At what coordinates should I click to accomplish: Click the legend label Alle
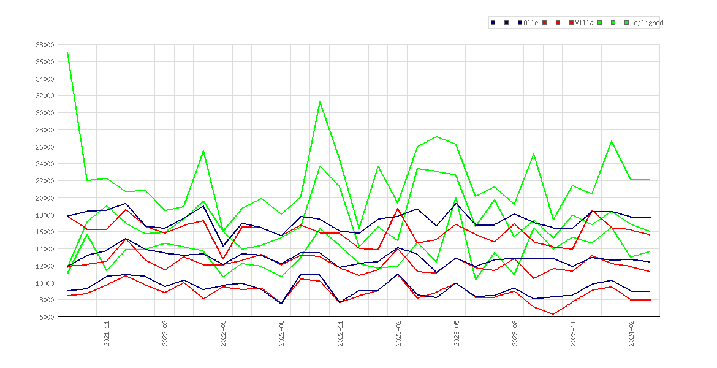(x=531, y=23)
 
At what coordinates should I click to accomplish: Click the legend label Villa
(x=585, y=23)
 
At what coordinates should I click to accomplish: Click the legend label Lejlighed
(x=647, y=23)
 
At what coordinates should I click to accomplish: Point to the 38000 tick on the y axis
(x=45, y=45)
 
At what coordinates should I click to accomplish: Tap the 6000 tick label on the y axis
(x=47, y=316)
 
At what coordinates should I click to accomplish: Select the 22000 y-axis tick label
(x=45, y=181)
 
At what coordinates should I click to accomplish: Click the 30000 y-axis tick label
(x=45, y=113)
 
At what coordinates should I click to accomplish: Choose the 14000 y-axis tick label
(x=45, y=249)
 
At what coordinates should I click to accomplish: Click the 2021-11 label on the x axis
(x=107, y=333)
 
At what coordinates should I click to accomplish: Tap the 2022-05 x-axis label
(x=224, y=333)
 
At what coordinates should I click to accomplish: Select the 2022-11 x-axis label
(x=340, y=333)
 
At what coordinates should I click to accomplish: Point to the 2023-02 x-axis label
(x=398, y=333)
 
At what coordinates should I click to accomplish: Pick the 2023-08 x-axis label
(x=515, y=333)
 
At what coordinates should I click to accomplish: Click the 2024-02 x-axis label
(x=631, y=333)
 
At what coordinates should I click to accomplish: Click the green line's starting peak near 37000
(x=67, y=52)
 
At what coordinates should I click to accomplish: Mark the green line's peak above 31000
(x=320, y=102)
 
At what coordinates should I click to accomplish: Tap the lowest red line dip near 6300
(x=553, y=314)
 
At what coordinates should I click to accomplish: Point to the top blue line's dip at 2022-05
(x=223, y=246)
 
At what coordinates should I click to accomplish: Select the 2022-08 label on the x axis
(x=282, y=333)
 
